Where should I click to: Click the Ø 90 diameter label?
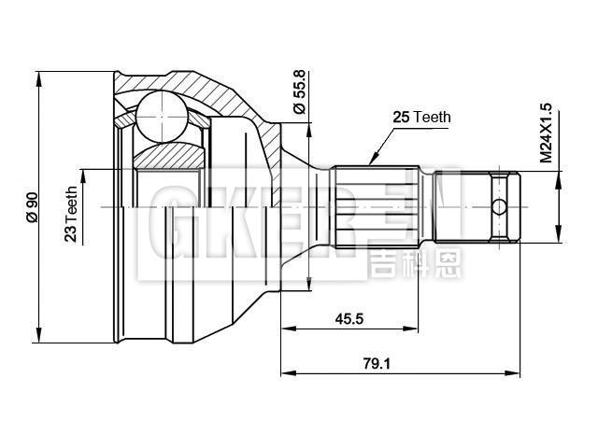click(x=32, y=206)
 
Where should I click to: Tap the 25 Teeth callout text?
click(x=420, y=118)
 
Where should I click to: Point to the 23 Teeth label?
click(x=71, y=214)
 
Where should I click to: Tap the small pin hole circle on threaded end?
click(x=500, y=206)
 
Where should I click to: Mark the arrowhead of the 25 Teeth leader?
click(x=371, y=160)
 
